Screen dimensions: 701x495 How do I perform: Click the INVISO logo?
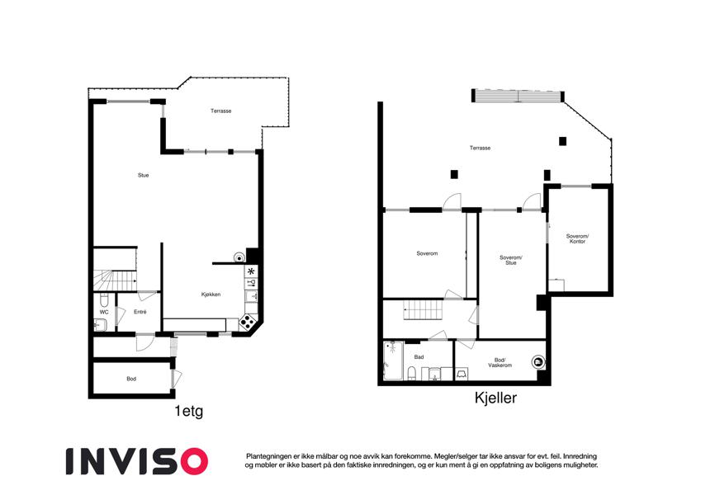[x=137, y=461]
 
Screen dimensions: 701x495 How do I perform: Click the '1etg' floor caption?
[x=189, y=411]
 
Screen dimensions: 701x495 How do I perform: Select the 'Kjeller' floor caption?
[x=495, y=398]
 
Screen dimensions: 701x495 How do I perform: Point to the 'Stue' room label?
[x=143, y=175]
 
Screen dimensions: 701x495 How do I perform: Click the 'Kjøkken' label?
[x=211, y=295]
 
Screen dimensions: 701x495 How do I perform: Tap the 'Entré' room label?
[x=140, y=312]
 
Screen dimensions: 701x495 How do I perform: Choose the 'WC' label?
[x=104, y=313]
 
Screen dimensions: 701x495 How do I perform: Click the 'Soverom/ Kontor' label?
[x=577, y=238]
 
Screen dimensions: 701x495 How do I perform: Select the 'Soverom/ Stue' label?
[x=510, y=260]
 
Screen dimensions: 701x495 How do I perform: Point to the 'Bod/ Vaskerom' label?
[x=500, y=362]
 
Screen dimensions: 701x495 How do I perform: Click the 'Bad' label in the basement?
[x=419, y=357]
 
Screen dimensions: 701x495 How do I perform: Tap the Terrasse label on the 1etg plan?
[x=220, y=111]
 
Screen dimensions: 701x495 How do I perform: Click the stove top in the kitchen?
[x=247, y=322]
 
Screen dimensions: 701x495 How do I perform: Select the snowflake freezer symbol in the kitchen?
[x=251, y=271]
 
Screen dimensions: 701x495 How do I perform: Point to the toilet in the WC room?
[x=104, y=298]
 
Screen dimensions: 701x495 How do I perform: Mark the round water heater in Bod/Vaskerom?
[x=538, y=362]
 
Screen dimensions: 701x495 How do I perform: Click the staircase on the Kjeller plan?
[x=423, y=309]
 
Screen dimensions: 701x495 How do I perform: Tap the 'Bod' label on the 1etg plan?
[x=131, y=379]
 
